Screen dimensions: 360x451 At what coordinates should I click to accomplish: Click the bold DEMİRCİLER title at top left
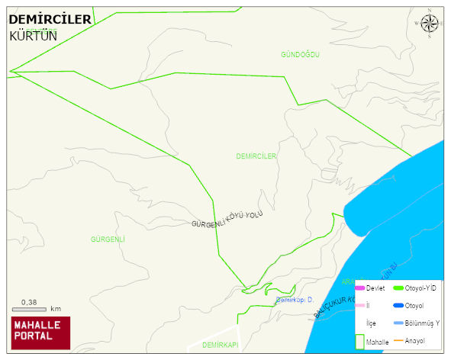coord(50,18)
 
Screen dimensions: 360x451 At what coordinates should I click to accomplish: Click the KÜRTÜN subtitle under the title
coord(33,35)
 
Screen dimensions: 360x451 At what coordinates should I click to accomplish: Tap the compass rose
coord(430,24)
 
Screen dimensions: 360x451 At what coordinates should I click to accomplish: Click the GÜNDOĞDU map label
coord(299,55)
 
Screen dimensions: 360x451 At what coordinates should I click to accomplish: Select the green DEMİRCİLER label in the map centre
coord(256,156)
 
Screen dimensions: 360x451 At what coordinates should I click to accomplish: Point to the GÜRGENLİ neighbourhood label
coord(108,239)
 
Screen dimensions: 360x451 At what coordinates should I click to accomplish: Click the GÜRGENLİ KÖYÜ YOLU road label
coord(227,220)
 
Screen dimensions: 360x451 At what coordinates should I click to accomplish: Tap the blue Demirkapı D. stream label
coord(295,301)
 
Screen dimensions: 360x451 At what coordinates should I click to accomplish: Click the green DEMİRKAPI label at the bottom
coord(221,346)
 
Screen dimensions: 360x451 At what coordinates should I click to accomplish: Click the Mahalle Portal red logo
coord(40,333)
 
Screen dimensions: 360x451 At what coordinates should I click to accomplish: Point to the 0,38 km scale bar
coord(31,307)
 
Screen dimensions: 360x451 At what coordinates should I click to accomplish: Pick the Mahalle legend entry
coord(377,342)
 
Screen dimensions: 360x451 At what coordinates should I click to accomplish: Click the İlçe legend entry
coord(371,323)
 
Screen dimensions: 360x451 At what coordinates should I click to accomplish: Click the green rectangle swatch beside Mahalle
coord(359,341)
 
